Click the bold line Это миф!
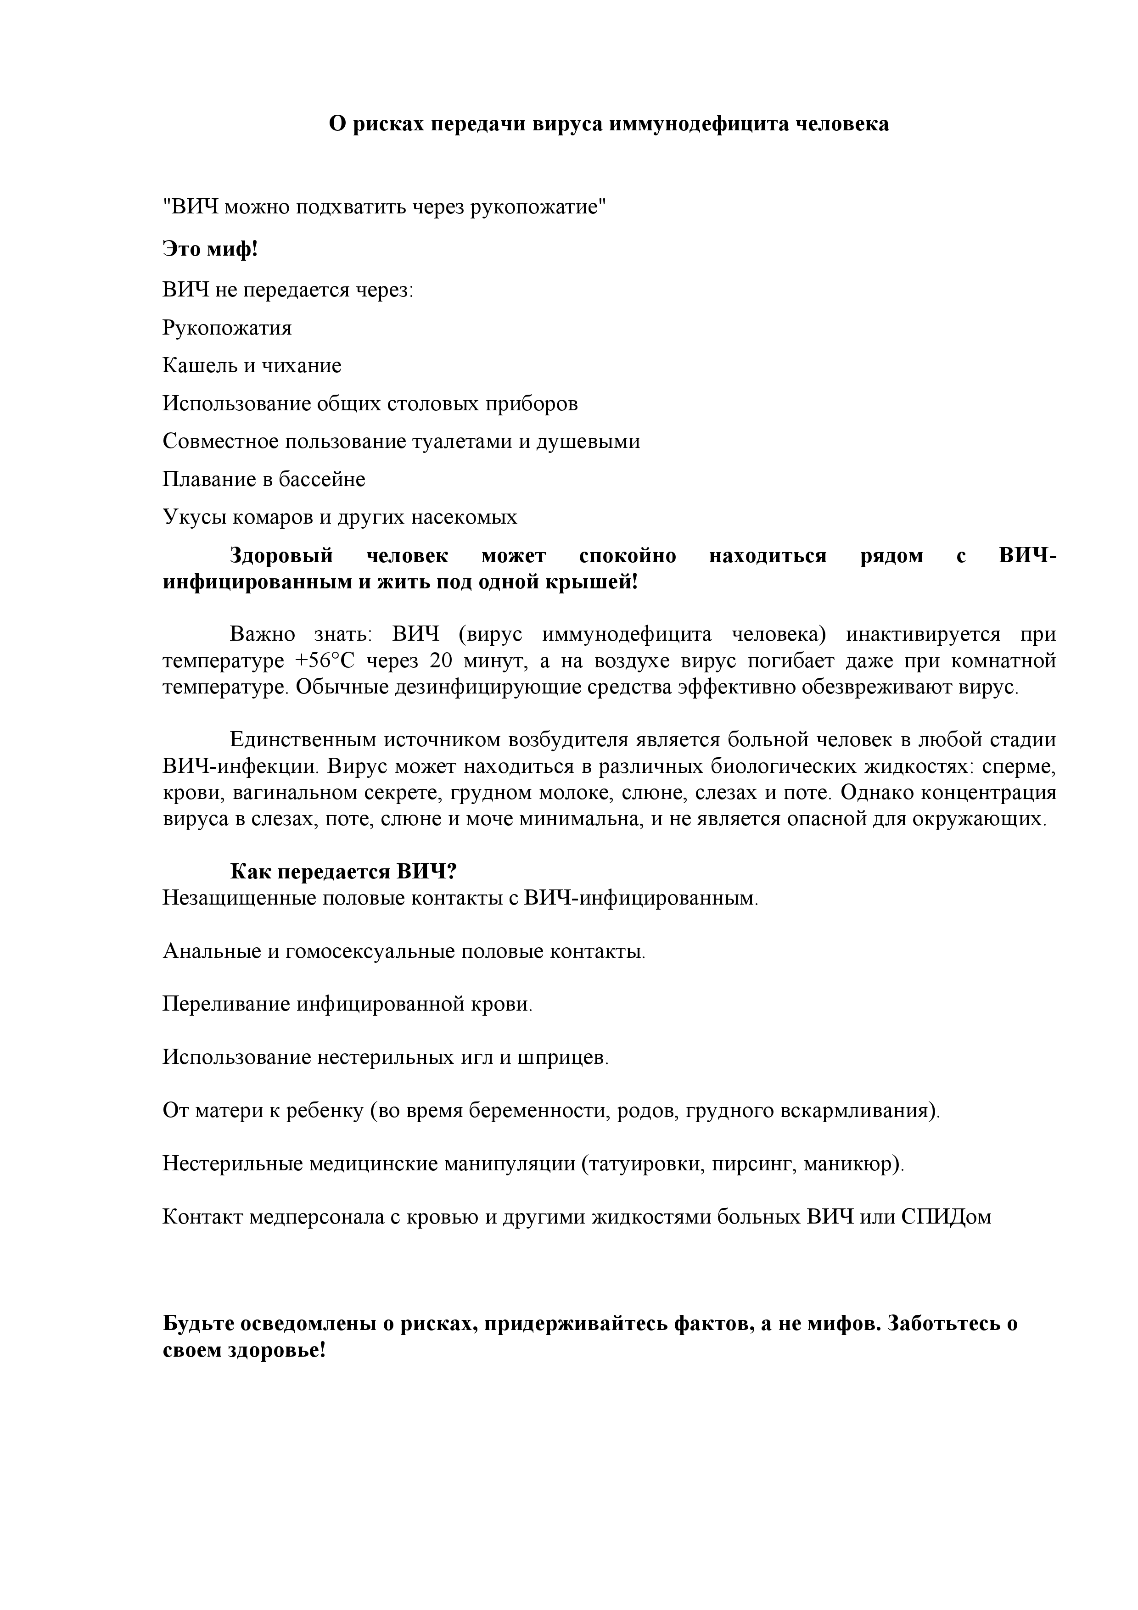[210, 248]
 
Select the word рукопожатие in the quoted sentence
[533, 207]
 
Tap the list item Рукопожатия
[227, 328]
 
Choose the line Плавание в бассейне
[264, 479]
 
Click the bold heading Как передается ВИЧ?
[343, 872]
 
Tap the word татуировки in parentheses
[644, 1163]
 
